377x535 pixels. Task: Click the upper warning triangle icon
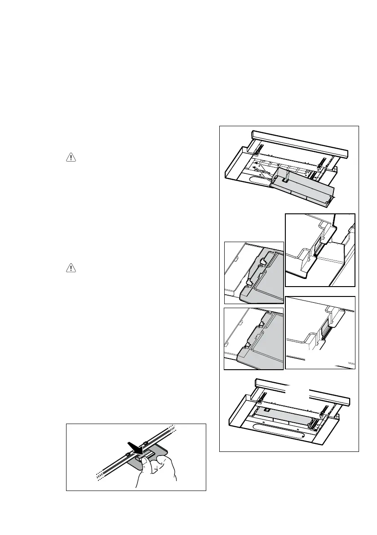[x=71, y=157]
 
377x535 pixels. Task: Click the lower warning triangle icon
[x=71, y=268]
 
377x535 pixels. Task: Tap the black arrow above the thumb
[x=135, y=447]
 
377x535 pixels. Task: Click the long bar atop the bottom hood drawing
[x=302, y=391]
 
